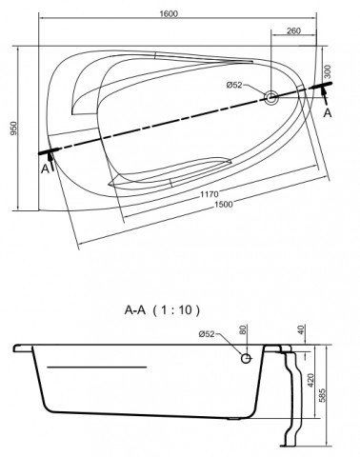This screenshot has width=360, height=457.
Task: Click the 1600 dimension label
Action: [x=169, y=14]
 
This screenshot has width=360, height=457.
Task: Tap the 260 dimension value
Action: [x=293, y=31]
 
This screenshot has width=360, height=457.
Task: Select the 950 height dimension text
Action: [x=14, y=129]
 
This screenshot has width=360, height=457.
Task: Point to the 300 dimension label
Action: [x=328, y=71]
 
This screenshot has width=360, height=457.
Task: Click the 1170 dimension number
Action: [x=210, y=194]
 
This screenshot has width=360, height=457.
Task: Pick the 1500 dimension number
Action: [x=223, y=205]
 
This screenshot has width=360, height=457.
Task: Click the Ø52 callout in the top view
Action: [x=234, y=85]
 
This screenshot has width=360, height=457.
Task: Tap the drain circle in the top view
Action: [x=271, y=97]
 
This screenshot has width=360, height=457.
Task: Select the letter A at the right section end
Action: [x=328, y=113]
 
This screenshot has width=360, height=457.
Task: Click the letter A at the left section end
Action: [x=46, y=169]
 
